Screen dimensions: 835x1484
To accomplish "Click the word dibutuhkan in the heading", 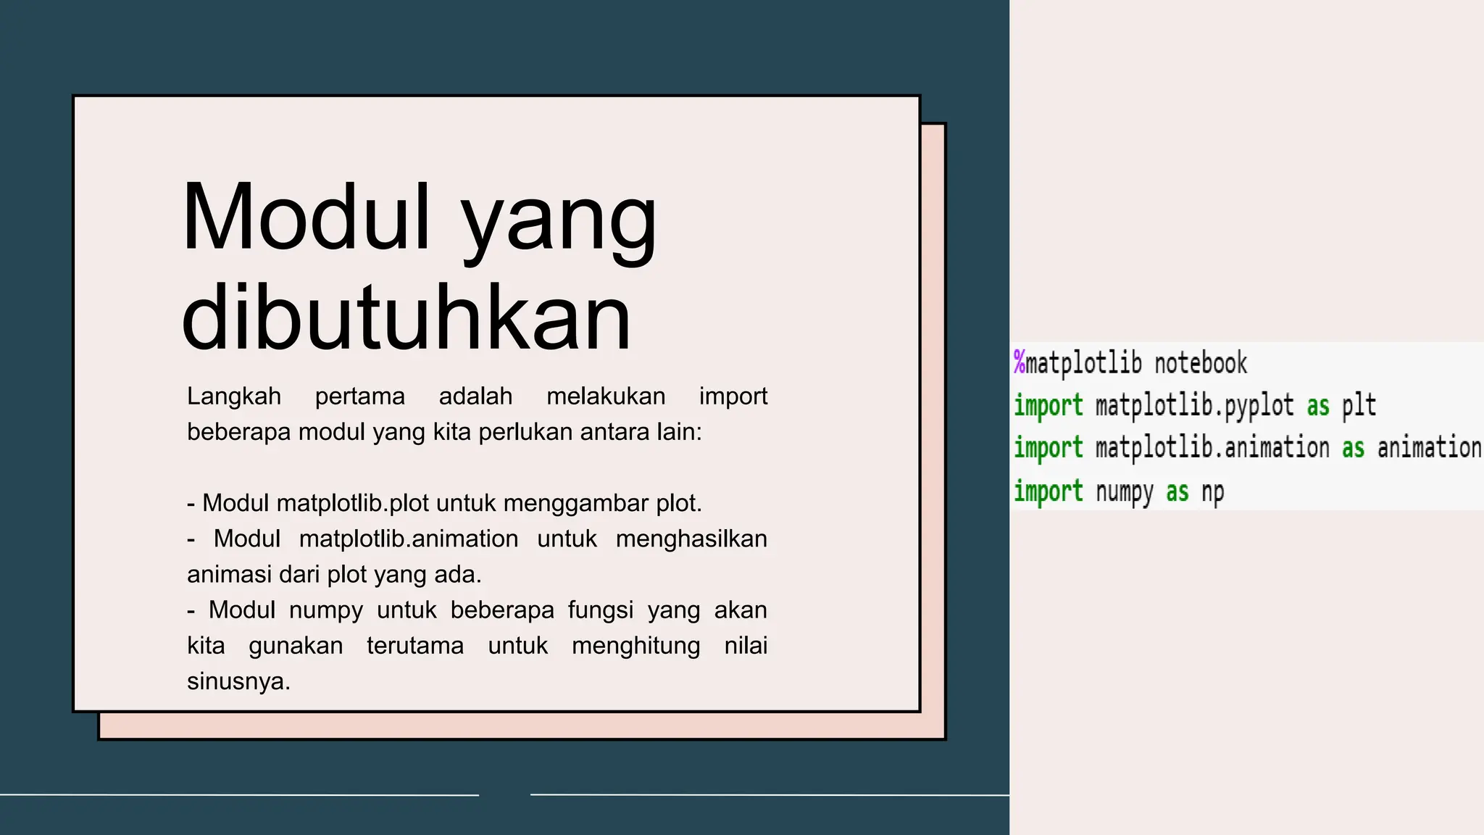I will click(x=406, y=319).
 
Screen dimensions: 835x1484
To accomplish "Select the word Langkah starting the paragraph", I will click(x=234, y=396).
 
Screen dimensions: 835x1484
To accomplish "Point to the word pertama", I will click(x=359, y=396).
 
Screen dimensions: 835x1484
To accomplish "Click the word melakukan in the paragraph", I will click(x=606, y=396).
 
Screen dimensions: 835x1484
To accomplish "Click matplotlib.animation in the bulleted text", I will click(x=409, y=539).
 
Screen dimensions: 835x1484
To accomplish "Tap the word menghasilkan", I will click(x=691, y=539).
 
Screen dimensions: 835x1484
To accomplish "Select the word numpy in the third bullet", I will click(x=325, y=610).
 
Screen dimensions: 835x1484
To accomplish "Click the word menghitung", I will click(x=635, y=645).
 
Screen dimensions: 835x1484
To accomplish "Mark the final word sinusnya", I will click(x=238, y=681).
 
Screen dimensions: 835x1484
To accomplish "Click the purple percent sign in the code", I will click(x=1020, y=362).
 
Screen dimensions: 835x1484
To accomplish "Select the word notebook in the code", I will click(x=1201, y=363).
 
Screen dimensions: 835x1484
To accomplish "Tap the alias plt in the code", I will click(x=1359, y=406).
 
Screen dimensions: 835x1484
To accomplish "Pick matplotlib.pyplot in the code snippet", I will click(x=1194, y=406).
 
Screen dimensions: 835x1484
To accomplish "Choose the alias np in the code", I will click(x=1213, y=492).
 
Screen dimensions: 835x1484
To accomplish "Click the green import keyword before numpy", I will click(x=1049, y=491).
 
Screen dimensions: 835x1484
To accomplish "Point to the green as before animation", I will click(x=1353, y=449).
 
